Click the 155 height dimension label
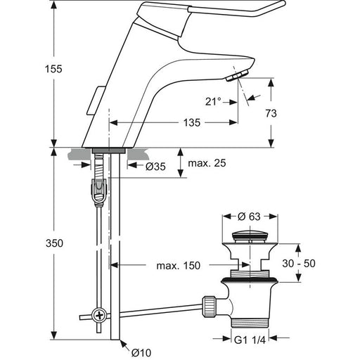[53, 69]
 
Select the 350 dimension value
[54, 243]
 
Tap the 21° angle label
[213, 101]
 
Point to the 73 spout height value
[271, 113]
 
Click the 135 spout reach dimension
[192, 122]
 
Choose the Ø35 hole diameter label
[155, 167]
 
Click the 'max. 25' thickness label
[207, 163]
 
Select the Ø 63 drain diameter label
[249, 217]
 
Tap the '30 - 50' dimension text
[299, 264]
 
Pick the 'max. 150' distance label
[179, 266]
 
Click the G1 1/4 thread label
[250, 340]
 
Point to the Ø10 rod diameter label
[141, 352]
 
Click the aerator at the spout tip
[237, 76]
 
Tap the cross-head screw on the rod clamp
[99, 316]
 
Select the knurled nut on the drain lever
[208, 307]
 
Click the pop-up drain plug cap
[250, 236]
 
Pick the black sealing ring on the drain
[250, 280]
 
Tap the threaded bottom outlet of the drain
[250, 323]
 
